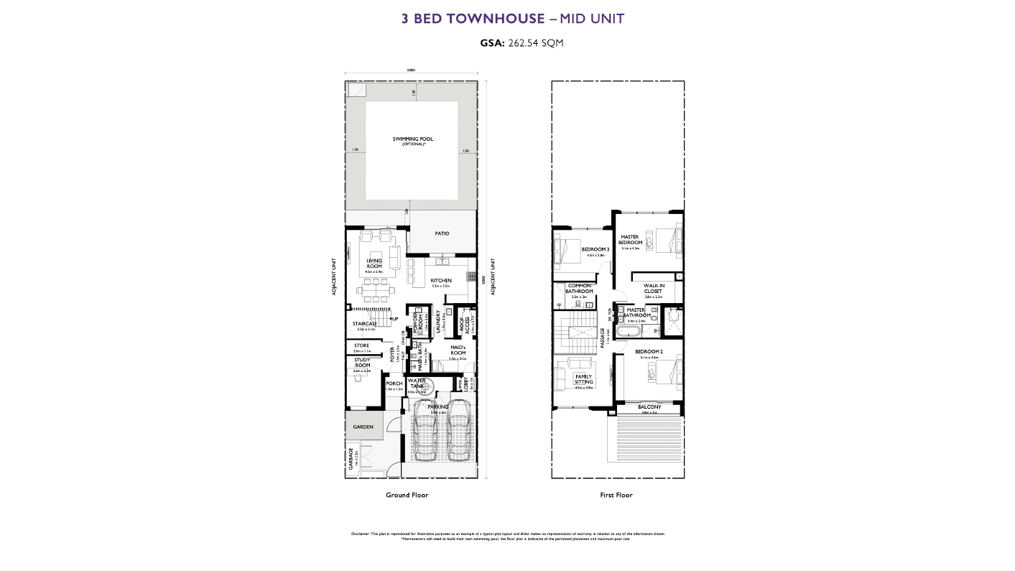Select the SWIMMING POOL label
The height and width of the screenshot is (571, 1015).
point(412,139)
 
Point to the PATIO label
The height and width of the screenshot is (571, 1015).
point(442,233)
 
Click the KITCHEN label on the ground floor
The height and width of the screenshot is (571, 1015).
point(441,280)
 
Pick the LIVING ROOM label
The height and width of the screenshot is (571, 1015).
point(374,264)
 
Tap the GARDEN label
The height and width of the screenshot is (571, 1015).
point(363,427)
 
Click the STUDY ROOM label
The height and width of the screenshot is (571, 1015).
point(361,363)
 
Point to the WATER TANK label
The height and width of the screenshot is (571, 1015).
point(417,384)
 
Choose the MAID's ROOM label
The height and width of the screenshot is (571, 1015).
point(458,350)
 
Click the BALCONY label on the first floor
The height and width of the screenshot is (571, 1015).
point(649,407)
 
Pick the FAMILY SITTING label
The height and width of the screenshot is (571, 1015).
point(583,379)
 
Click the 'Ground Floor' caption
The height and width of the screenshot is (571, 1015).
point(407,495)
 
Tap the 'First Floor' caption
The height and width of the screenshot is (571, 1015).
point(616,495)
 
